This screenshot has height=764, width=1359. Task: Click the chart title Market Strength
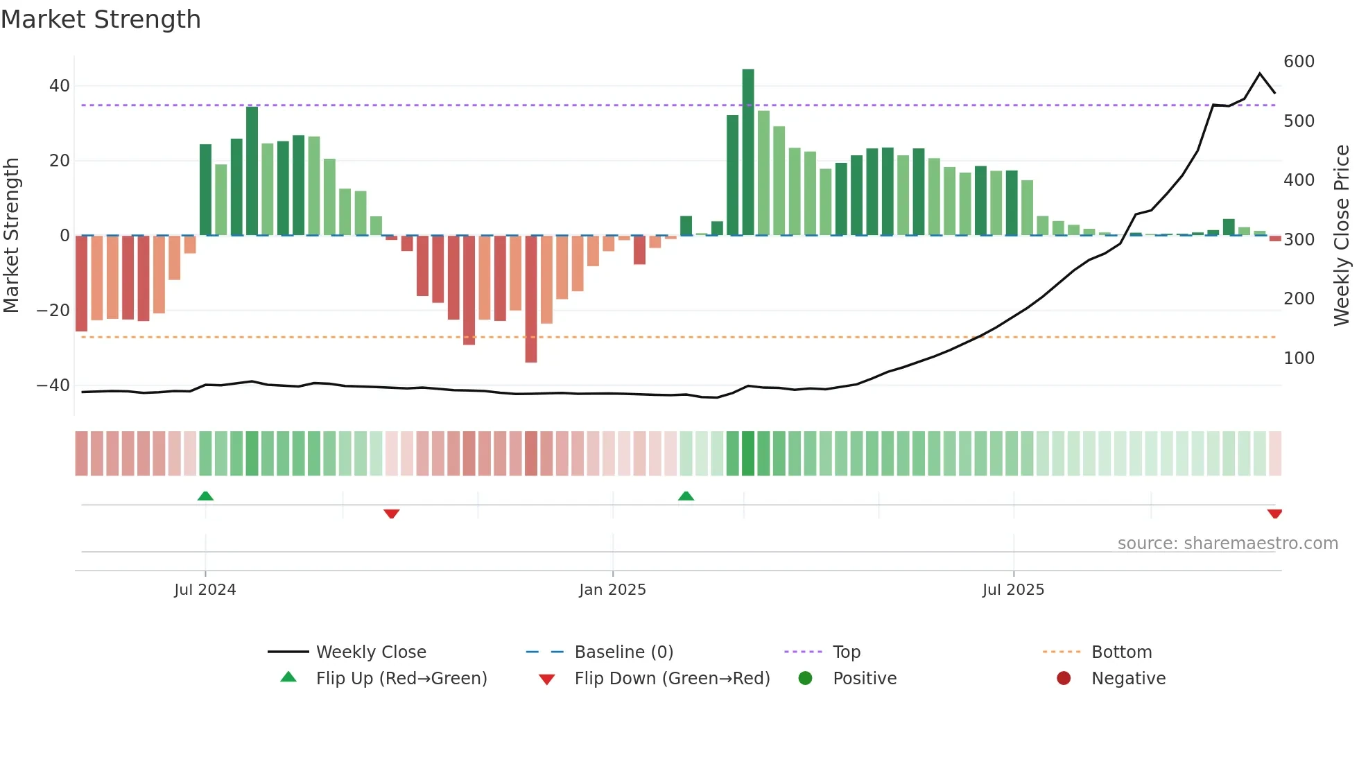tap(101, 19)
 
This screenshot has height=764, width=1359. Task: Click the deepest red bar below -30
tap(531, 298)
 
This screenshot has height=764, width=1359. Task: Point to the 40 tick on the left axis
tap(60, 86)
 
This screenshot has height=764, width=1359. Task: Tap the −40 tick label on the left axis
tap(53, 385)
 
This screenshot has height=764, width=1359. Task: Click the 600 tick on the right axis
tap(1299, 62)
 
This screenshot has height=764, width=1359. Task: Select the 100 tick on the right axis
tap(1299, 358)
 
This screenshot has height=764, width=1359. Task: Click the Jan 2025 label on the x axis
tap(612, 590)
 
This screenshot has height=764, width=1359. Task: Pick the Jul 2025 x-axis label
tap(1013, 590)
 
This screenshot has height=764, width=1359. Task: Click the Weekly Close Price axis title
tap(1342, 236)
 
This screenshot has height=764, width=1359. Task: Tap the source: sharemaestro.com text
tap(1227, 544)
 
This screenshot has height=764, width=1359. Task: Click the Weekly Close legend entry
tap(370, 652)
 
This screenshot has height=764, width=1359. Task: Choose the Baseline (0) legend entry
tap(623, 652)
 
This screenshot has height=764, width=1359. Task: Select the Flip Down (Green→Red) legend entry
tap(671, 679)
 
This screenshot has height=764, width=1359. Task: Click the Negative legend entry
tap(1127, 679)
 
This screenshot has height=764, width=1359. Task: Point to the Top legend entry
tap(846, 652)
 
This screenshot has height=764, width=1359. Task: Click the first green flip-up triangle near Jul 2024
tap(205, 496)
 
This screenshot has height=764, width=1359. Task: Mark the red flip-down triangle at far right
tap(1274, 514)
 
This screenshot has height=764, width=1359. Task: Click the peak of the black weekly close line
tap(1260, 73)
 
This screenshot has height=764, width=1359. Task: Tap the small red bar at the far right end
tap(1275, 238)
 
